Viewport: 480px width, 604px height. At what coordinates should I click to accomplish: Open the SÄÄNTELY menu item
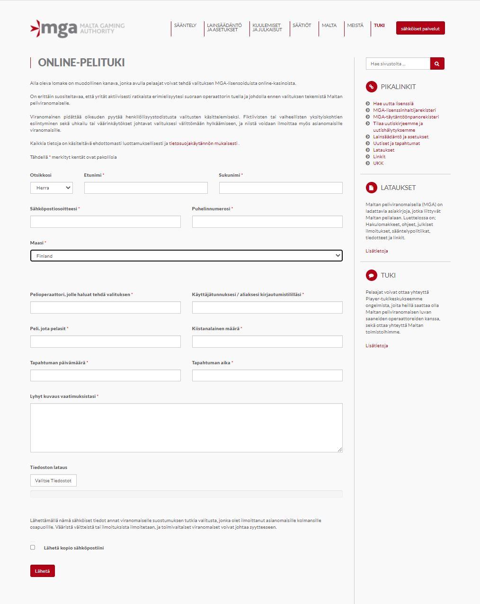185,26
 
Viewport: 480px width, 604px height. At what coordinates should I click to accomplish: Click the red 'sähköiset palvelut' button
420,28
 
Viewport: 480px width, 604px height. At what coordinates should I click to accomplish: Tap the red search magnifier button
437,63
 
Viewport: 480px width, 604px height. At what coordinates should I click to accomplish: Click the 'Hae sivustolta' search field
398,63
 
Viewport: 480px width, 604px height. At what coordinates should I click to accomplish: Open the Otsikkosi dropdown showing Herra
52,188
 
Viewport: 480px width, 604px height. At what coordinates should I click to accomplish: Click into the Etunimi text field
146,188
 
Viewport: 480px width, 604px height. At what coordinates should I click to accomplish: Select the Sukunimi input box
280,188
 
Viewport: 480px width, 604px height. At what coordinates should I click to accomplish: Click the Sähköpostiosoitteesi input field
105,222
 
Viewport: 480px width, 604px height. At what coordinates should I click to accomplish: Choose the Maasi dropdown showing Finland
186,256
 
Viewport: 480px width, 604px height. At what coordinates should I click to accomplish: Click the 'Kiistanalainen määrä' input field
267,342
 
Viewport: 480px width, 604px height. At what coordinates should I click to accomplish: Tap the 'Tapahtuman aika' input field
267,376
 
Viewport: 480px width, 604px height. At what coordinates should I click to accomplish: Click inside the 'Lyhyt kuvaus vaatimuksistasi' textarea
186,427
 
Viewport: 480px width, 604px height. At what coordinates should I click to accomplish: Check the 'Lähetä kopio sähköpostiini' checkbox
33,547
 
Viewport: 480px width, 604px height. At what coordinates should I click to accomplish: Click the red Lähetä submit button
42,571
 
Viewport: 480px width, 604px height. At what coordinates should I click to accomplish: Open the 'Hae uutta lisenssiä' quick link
393,103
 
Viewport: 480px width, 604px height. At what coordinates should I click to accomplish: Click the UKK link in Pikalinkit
378,163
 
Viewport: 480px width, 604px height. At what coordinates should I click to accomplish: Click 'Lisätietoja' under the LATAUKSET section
376,251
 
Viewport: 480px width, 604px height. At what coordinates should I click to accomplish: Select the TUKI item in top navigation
379,26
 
